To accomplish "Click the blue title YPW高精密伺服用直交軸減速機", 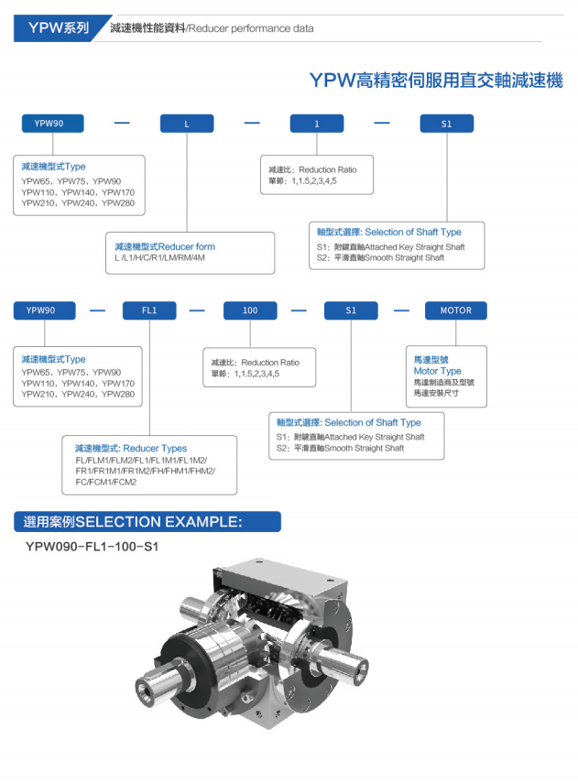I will [436, 81].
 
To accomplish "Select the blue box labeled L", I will [187, 124].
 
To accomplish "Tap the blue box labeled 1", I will [317, 124].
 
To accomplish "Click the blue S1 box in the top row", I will [446, 124].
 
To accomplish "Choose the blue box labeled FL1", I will [149, 310].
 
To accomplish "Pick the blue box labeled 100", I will [250, 310].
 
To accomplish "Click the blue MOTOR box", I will [455, 310].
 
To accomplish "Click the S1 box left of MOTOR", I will [351, 310].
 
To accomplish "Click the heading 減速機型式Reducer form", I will [165, 247].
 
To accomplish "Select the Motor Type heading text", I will [437, 371].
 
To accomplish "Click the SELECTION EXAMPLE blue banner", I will [134, 523].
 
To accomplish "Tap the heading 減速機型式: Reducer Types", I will [131, 449].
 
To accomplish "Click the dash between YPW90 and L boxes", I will [122, 124].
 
